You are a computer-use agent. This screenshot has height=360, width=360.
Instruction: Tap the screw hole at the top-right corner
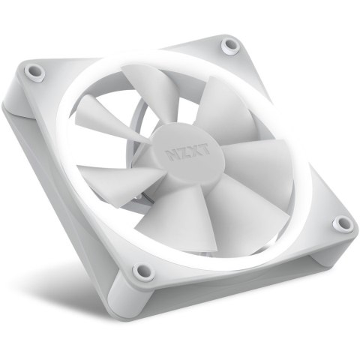point(227,46)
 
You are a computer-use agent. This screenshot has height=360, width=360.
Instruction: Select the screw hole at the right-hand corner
point(343,223)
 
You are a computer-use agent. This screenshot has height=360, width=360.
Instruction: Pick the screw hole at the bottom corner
point(139,271)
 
